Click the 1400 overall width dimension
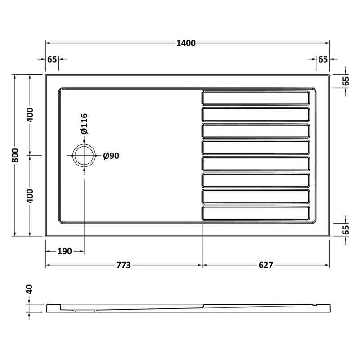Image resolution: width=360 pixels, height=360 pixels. (x=186, y=43)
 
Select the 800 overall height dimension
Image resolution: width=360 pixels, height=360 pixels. (x=16, y=156)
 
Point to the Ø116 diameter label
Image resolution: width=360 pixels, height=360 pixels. (x=84, y=124)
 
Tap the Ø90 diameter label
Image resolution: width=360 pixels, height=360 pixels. (x=111, y=156)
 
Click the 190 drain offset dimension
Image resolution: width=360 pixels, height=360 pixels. (x=64, y=251)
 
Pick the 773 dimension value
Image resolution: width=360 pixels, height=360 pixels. (x=123, y=265)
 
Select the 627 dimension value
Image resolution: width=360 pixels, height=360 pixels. (x=266, y=265)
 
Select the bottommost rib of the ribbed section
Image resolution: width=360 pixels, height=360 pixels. (x=256, y=213)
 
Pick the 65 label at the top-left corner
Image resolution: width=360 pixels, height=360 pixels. (x=52, y=59)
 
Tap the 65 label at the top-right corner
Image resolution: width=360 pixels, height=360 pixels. (x=323, y=59)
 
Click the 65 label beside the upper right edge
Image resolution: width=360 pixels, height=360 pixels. (x=346, y=81)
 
